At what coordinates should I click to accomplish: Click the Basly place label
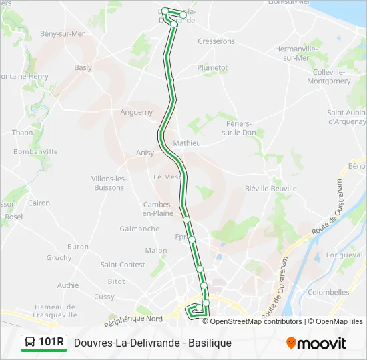point(83,67)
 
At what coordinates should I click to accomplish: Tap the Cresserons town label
point(216,41)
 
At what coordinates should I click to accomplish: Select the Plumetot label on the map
point(213,68)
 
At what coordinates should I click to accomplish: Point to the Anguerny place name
point(137,112)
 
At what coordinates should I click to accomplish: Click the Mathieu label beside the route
point(187,143)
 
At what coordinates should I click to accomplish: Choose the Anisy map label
point(145,153)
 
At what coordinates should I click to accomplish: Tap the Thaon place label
point(22,133)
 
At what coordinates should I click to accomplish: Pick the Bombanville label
point(35,151)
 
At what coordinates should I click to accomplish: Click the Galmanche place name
point(139,229)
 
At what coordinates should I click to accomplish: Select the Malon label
point(156,251)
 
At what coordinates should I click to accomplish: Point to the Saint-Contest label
point(123,265)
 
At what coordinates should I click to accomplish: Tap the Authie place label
point(67,285)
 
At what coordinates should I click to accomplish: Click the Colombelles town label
point(329,292)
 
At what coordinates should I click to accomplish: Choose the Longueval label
point(344,255)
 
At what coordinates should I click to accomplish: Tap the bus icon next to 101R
point(30,343)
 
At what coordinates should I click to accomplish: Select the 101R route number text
point(51,343)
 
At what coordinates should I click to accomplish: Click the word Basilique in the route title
point(210,343)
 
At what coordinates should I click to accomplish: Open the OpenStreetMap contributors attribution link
point(256,321)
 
